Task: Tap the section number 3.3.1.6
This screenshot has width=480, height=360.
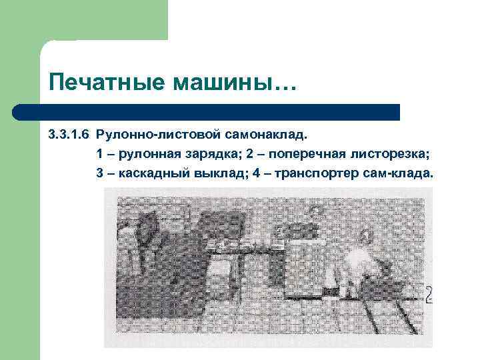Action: [x=69, y=135]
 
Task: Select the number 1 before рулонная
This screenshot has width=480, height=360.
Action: [x=99, y=155]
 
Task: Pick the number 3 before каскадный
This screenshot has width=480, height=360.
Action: [x=99, y=174]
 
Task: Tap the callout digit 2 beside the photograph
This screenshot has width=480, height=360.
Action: [x=429, y=294]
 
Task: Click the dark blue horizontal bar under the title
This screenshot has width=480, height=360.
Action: [x=207, y=112]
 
